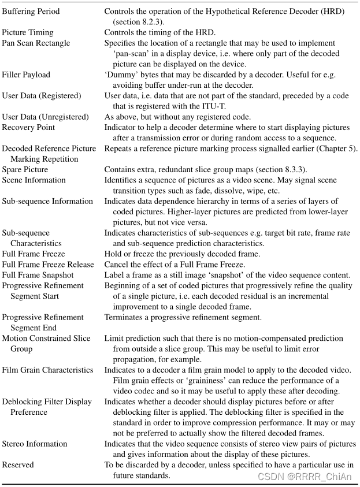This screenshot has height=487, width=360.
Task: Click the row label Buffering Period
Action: tap(31, 11)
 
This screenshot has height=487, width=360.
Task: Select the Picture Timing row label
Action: tap(27, 32)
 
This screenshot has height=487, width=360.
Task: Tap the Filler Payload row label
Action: tap(26, 75)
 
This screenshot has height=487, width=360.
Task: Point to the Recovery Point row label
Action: tap(28, 127)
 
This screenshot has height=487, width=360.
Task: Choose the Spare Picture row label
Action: tap(25, 170)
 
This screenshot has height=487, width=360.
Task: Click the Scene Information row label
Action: tap(34, 180)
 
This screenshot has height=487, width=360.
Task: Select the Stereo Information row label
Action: tap(35, 444)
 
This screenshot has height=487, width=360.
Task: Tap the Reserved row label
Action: tap(18, 465)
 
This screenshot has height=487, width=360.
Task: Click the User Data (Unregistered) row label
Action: tap(45, 117)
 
